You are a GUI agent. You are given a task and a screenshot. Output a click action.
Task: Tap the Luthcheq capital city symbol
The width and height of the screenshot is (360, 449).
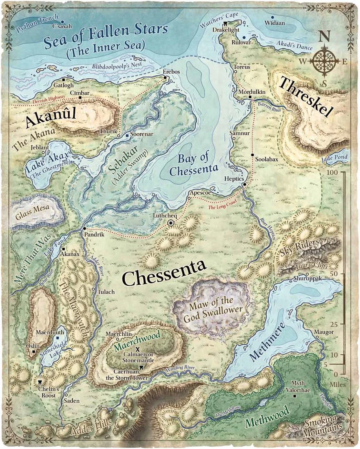point(171,223)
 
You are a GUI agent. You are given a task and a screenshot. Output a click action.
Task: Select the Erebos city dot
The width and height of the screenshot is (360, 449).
point(165,78)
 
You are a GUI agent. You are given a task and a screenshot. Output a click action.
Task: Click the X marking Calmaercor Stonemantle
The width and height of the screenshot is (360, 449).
point(138,349)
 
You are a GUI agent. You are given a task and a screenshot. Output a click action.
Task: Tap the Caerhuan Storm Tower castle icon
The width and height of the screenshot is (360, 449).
point(141,368)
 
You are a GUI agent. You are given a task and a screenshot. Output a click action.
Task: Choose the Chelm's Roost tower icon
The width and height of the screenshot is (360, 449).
point(40,381)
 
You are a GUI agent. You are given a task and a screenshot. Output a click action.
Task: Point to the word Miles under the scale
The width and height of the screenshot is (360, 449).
point(338,384)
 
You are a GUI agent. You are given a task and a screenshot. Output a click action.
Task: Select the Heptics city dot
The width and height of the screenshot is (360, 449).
point(244,184)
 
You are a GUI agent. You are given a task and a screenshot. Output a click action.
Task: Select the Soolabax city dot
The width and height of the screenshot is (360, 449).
point(252,155)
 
